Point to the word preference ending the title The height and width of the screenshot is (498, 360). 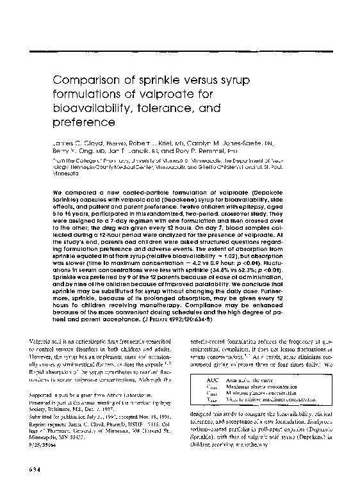tap(83, 121)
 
